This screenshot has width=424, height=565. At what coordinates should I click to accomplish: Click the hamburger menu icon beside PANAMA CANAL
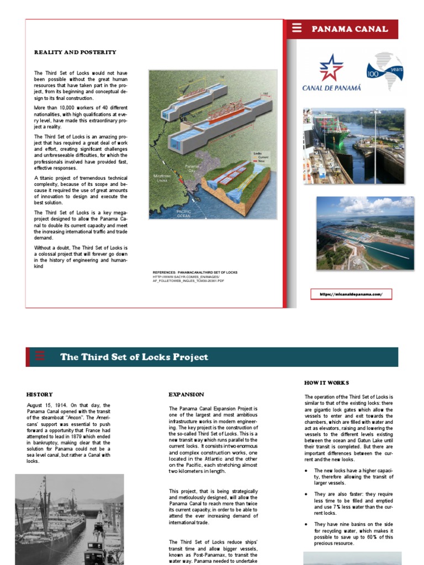click(x=297, y=29)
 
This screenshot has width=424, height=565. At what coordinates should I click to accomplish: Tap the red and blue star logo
click(x=331, y=67)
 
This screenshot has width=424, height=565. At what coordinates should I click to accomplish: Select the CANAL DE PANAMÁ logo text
click(x=331, y=87)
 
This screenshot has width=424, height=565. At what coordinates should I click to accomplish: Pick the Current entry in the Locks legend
click(x=262, y=158)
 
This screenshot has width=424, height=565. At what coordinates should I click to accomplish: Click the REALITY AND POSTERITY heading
click(x=75, y=52)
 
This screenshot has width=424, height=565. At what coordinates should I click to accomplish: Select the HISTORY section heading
click(x=40, y=395)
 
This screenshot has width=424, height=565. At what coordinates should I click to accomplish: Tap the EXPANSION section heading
click(x=186, y=395)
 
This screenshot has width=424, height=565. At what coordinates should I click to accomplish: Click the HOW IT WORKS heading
click(x=326, y=382)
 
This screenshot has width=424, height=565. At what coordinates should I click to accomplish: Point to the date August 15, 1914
click(x=47, y=406)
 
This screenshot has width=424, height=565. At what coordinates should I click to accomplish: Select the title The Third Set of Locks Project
click(x=134, y=357)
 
